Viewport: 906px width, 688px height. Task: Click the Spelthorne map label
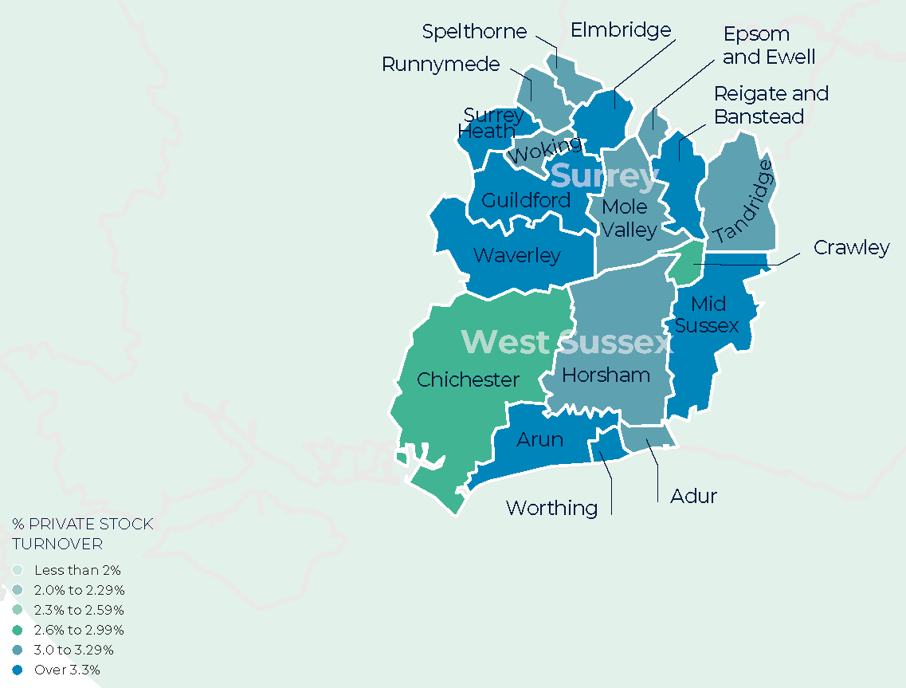474,32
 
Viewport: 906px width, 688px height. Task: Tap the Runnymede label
441,65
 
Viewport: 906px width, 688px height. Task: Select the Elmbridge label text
621,30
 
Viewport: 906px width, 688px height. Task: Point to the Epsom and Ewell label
769,45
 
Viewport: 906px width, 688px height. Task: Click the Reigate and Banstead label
771,105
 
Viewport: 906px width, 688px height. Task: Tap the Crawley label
851,248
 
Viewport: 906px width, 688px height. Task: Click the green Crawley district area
686,264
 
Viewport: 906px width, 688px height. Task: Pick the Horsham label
606,375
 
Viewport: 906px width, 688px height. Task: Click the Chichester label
468,380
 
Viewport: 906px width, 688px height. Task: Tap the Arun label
539,439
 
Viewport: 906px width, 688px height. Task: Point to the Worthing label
551,508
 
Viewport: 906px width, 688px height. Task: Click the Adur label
693,497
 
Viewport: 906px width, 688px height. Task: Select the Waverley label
516,256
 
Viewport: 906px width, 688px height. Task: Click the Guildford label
526,200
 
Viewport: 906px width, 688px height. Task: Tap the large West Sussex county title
567,342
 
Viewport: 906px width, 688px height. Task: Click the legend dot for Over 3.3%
18,670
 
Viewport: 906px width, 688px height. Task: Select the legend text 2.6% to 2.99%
79,630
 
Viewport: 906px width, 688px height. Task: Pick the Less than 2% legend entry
77,570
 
